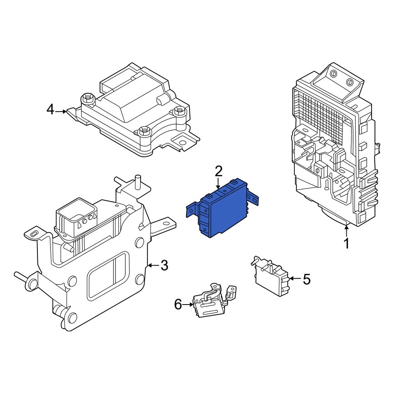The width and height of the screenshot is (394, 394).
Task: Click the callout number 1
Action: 346,243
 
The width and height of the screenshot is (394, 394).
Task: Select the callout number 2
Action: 219,171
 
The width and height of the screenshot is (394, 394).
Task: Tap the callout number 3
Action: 164,266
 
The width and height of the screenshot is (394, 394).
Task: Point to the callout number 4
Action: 50,110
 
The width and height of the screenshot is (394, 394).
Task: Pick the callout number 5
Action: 306,280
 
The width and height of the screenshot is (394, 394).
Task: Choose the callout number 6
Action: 178,304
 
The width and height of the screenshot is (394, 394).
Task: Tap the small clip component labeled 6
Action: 211,303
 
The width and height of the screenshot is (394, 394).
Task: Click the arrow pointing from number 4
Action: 61,112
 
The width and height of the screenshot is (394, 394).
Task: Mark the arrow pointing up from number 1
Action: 346,230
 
